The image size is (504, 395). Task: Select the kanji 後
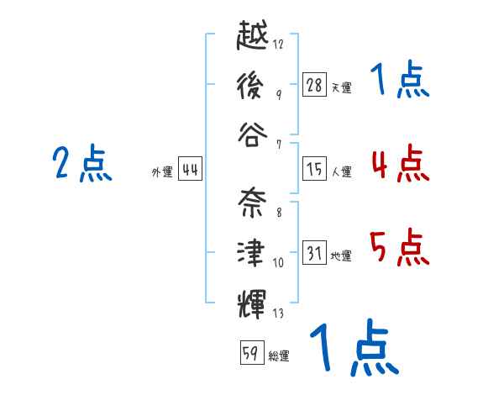click(250, 85)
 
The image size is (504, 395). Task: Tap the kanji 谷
click(253, 134)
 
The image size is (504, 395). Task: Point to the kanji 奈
click(252, 203)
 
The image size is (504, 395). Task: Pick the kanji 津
click(251, 253)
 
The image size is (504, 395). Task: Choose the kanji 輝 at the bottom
click(252, 303)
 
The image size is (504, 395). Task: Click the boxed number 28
click(314, 84)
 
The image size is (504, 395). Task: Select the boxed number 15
click(314, 168)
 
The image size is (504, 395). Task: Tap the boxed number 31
click(314, 252)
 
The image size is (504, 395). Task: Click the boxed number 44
click(190, 168)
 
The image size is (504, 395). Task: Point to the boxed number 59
click(252, 352)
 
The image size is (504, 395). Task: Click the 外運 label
click(162, 172)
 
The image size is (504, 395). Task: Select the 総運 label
click(279, 356)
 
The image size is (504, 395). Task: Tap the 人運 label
click(342, 171)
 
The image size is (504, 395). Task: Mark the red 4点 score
click(400, 163)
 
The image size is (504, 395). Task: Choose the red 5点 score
click(400, 247)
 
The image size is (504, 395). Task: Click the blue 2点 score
click(82, 163)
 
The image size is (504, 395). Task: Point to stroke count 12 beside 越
click(278, 44)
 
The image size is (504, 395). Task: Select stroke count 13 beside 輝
click(278, 313)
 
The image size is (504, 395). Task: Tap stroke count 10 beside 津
click(278, 262)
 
